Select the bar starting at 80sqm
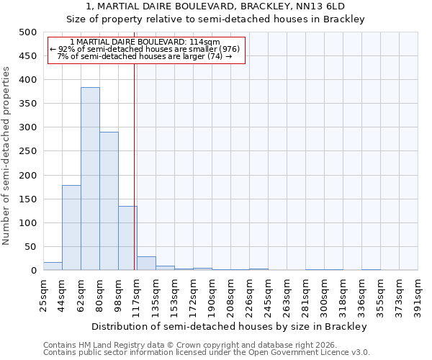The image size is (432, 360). (x=109, y=201)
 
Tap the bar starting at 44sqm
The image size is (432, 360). (x=71, y=228)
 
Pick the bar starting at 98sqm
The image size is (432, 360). (x=127, y=238)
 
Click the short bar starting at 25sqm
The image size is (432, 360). (x=53, y=266)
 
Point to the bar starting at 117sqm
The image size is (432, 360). (x=146, y=264)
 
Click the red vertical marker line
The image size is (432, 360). (x=134, y=166)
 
